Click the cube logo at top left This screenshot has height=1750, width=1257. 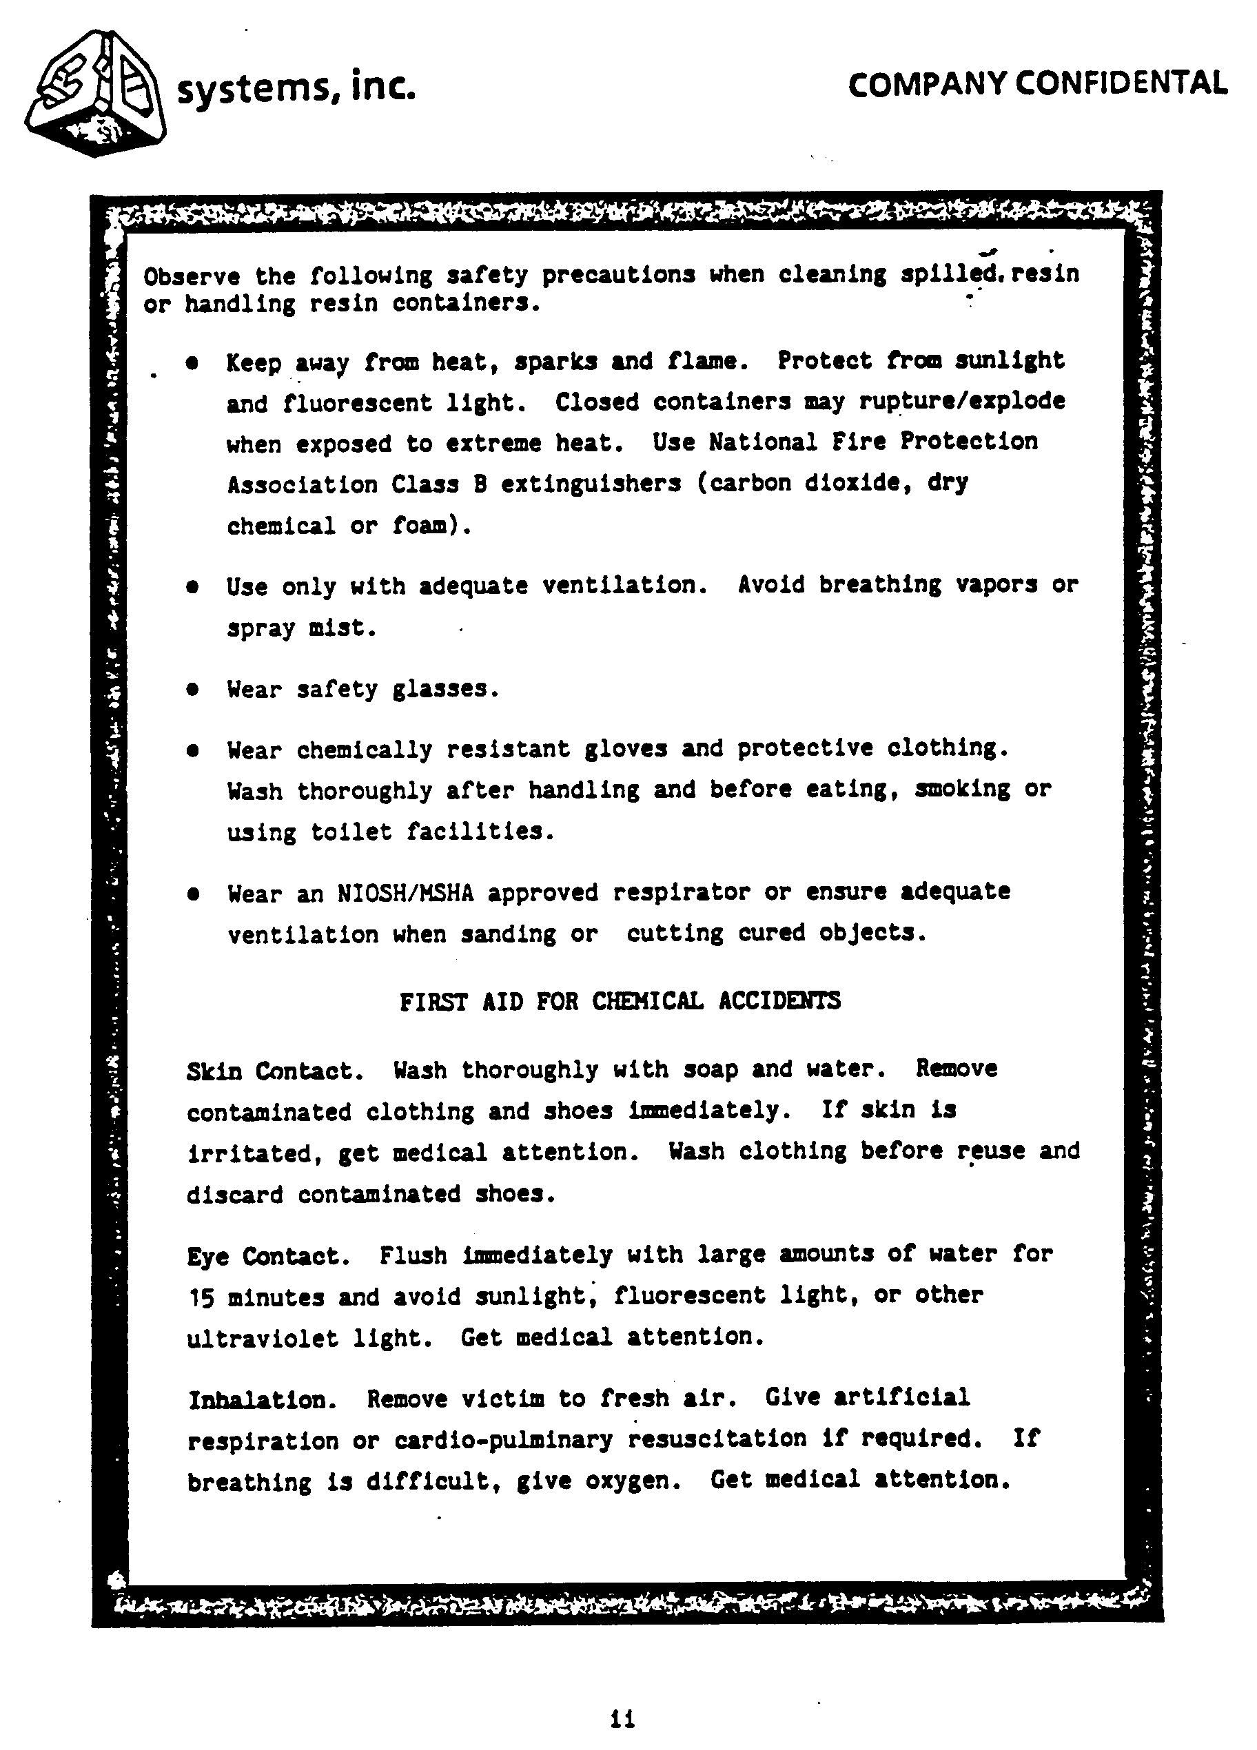(x=96, y=94)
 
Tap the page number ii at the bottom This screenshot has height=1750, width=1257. (x=622, y=1718)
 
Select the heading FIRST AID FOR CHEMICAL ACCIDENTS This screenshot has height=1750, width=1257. (x=620, y=1002)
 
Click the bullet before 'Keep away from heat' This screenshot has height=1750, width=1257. (x=193, y=362)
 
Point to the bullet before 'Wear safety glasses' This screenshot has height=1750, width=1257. (x=193, y=689)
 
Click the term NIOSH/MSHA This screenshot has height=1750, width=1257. (x=405, y=894)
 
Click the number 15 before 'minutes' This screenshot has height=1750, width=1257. (x=201, y=1299)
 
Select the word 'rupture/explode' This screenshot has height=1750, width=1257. (x=961, y=402)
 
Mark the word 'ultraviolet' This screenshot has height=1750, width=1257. (x=263, y=1339)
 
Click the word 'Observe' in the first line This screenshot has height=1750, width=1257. (x=192, y=276)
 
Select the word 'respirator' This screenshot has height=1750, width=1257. (x=682, y=893)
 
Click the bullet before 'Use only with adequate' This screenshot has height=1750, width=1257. (x=193, y=587)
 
